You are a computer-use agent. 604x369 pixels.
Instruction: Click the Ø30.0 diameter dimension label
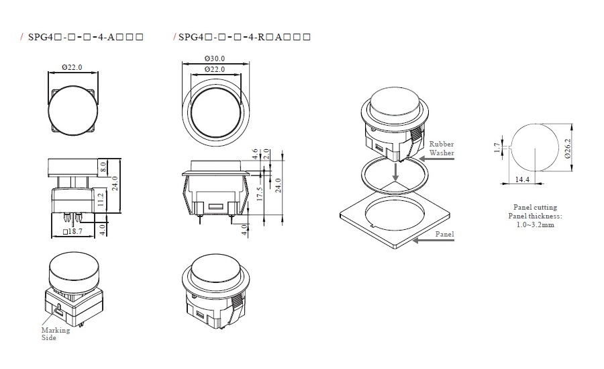click(215, 58)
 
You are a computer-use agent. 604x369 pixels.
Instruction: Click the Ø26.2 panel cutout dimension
click(567, 149)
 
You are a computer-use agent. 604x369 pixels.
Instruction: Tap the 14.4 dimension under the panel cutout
click(522, 179)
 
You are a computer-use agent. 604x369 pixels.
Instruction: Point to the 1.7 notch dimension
click(497, 148)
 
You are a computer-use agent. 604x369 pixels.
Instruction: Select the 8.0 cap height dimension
click(103, 167)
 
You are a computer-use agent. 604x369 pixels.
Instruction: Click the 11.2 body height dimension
click(101, 200)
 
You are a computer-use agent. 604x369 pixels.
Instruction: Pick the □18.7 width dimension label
click(72, 231)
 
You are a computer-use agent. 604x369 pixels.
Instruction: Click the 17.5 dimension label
click(259, 194)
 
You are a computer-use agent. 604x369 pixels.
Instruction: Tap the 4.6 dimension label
click(254, 154)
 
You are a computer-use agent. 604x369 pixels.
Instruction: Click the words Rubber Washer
click(442, 149)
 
